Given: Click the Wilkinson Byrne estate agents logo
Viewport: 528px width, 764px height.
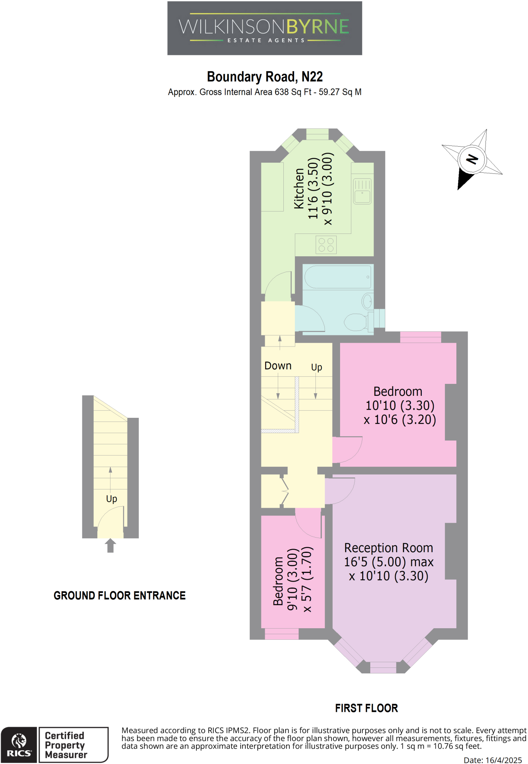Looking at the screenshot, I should point(264,28).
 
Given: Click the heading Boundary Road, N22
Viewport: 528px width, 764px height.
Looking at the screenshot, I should point(264,77).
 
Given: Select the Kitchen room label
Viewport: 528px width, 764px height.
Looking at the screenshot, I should point(299,188).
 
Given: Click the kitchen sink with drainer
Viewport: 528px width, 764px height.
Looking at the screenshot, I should point(362,191).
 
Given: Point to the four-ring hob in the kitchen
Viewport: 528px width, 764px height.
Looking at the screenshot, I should point(326,245).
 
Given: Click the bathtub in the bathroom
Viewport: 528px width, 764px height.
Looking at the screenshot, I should point(338,277).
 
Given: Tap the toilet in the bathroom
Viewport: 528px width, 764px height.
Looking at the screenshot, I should point(357,322).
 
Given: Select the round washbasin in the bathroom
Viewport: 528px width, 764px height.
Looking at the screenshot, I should point(367,301).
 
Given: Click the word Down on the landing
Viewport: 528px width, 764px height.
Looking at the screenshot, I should point(278,366).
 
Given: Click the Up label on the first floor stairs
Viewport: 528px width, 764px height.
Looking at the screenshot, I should point(317,367).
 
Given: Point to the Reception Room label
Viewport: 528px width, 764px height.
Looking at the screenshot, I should point(389,548).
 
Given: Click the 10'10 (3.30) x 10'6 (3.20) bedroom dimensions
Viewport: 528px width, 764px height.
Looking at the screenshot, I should point(400,413).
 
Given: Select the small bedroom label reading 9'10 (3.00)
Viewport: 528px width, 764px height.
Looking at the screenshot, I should point(293,579).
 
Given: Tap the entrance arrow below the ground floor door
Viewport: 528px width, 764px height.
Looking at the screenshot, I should point(110,545).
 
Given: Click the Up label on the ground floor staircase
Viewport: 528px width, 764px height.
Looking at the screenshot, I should point(111,499).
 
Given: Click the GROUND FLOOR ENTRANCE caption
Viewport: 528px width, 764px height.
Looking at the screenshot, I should point(119,596).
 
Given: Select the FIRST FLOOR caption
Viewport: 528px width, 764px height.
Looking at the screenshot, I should point(366,708).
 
